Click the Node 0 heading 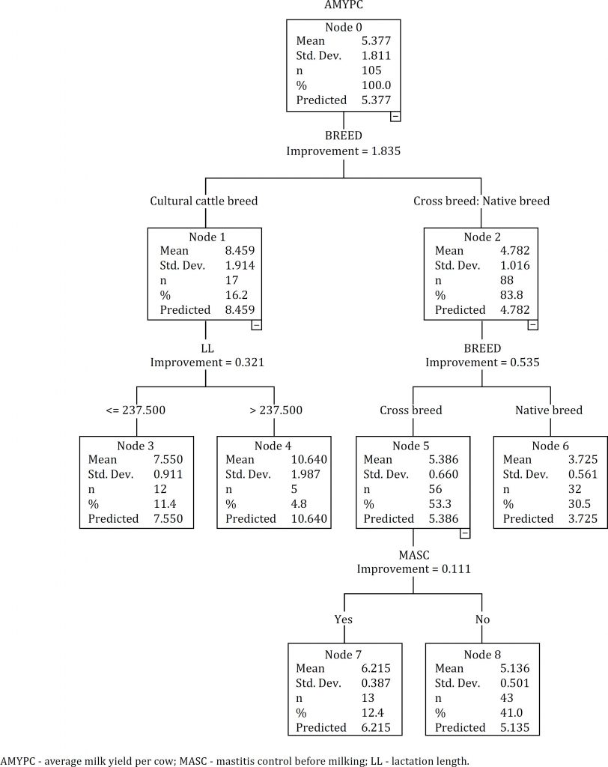343,28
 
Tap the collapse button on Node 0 395,116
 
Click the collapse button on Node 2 532,324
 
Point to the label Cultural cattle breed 204,201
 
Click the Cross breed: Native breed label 481,201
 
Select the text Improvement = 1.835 343,151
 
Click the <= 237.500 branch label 136,410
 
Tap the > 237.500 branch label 274,410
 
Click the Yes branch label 344,619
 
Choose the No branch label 481,619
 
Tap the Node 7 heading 344,653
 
